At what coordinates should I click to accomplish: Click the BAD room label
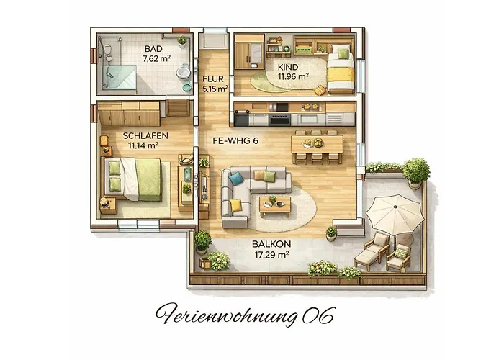click(x=153, y=49)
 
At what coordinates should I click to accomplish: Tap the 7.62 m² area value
click(x=156, y=59)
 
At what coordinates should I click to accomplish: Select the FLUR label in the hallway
click(x=213, y=78)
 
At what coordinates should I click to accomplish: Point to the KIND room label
click(x=288, y=68)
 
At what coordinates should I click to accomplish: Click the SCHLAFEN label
click(x=145, y=135)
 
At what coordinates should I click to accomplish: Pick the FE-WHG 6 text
click(x=235, y=141)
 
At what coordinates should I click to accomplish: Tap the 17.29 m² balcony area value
click(x=271, y=255)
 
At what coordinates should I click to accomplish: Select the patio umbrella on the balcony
click(x=395, y=215)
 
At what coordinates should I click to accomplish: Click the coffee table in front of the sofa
click(x=275, y=206)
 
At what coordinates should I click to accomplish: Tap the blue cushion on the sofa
click(x=236, y=179)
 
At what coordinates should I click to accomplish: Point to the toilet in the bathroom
click(x=183, y=71)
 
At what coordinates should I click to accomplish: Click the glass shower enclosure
click(x=119, y=77)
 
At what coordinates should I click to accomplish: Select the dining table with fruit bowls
click(x=317, y=144)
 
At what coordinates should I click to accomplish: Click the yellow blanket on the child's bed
click(x=341, y=75)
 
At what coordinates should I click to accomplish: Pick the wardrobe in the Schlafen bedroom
click(x=129, y=114)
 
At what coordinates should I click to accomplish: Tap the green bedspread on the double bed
click(x=148, y=180)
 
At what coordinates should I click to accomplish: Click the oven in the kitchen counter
click(x=280, y=120)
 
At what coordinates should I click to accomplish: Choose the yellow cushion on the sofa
click(x=235, y=205)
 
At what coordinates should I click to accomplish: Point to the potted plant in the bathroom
click(x=182, y=42)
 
